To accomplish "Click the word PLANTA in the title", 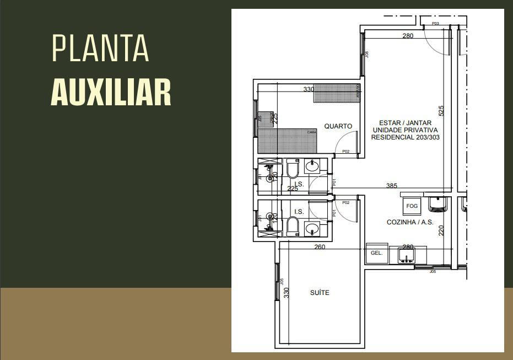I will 100,48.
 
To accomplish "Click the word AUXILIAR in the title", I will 111,92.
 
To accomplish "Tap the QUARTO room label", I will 338,126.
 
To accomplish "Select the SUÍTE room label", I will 320,293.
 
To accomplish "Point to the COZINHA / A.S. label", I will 409,223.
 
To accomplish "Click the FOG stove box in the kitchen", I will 412,206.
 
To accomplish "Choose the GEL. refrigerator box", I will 376,253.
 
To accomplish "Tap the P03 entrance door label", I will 435,24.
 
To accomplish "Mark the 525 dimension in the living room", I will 441,111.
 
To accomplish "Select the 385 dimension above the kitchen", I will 391,186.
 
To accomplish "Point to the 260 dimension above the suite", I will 320,247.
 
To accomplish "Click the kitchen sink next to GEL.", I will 407,256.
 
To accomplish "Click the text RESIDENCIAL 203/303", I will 405,137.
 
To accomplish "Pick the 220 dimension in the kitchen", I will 441,230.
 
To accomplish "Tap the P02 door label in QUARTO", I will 345,151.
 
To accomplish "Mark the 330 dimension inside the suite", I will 287,292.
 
